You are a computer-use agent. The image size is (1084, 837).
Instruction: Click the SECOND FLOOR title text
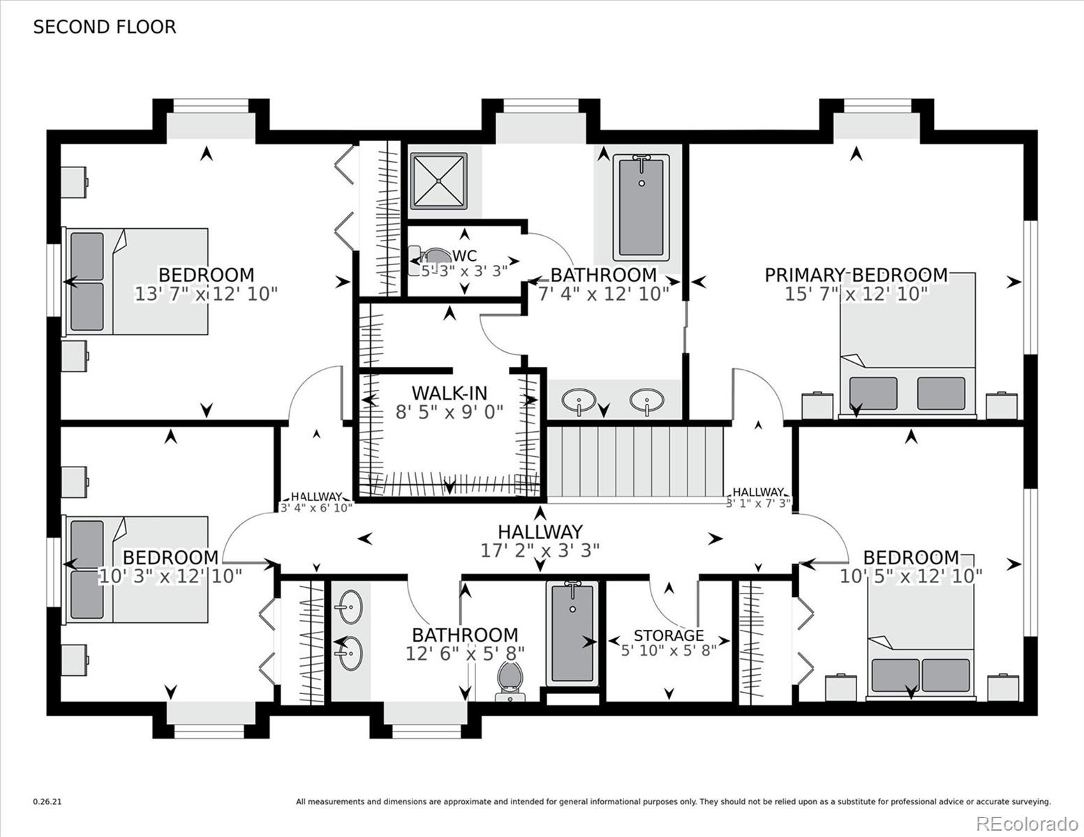point(105,27)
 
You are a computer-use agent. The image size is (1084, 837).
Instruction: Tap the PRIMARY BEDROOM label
point(856,275)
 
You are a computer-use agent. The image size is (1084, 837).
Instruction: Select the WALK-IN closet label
point(449,393)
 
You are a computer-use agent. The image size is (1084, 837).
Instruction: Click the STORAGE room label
point(668,635)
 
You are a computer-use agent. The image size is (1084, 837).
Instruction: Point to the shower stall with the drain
point(438,181)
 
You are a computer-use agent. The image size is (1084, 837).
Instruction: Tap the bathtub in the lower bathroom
point(572,633)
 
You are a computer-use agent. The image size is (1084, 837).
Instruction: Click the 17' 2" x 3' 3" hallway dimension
point(540,551)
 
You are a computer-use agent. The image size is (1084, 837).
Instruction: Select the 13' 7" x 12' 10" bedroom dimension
point(206,294)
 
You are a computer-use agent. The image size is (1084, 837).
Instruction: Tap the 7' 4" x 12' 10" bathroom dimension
point(603,294)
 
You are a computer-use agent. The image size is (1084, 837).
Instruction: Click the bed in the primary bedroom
point(907,345)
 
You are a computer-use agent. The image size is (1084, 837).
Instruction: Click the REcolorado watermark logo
point(1026,823)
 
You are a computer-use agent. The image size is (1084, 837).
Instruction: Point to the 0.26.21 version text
point(47,802)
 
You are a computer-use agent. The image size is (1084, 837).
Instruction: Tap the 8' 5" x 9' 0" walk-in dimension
point(449,412)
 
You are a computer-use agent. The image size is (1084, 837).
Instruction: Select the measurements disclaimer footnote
point(673,802)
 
